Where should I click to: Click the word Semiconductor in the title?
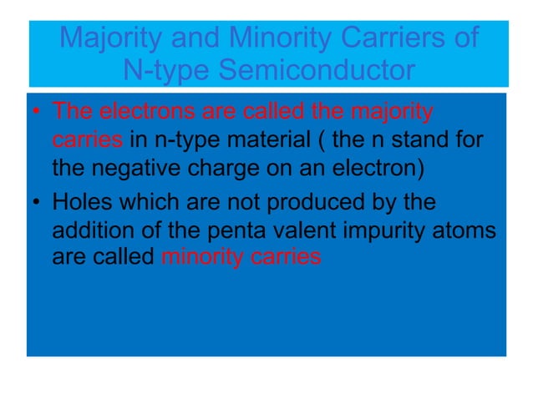click(x=317, y=70)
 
